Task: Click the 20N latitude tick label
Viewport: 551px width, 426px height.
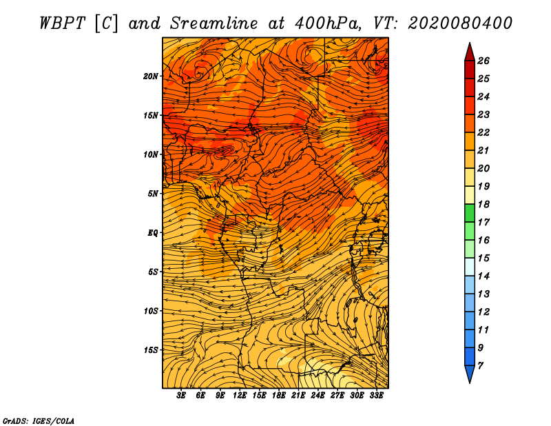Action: pos(151,77)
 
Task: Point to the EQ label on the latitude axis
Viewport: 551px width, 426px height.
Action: pos(152,233)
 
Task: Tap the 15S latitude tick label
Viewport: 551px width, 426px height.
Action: pos(151,350)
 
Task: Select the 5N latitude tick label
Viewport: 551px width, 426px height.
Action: pos(152,194)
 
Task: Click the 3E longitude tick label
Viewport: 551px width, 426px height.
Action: pos(180,396)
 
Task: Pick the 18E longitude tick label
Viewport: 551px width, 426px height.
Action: pos(278,396)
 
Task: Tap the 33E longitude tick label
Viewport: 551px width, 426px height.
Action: pos(376,396)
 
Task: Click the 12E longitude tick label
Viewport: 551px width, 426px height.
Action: pos(239,396)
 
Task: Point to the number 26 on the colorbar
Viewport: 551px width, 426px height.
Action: pos(484,61)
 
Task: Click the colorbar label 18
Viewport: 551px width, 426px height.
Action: pos(484,204)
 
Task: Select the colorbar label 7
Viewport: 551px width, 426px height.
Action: pos(480,366)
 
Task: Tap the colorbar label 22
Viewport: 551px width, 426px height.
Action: pos(484,132)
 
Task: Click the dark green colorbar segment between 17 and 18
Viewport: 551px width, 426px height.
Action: pos(470,213)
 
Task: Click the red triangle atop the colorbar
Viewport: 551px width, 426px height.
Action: pos(470,54)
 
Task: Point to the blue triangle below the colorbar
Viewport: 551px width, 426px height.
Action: pos(470,373)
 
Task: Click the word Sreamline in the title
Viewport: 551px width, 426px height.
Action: pos(214,23)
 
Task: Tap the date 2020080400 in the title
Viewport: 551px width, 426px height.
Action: pos(460,23)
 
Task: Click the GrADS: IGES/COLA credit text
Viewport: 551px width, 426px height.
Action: pos(39,420)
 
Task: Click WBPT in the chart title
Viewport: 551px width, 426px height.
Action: pos(62,23)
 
